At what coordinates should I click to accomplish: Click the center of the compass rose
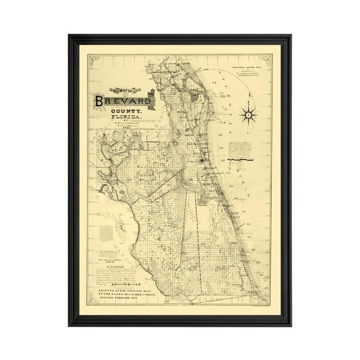tap(249, 114)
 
